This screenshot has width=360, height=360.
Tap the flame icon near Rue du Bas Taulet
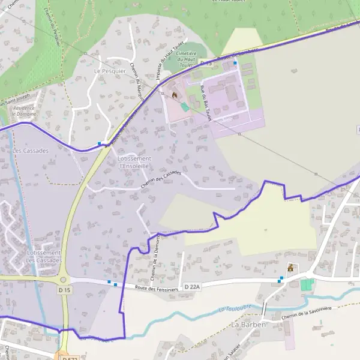click(x=175, y=95)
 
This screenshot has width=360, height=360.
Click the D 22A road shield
click(x=192, y=287)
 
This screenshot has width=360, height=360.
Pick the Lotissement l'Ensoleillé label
click(x=136, y=161)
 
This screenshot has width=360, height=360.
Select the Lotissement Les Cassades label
click(x=44, y=256)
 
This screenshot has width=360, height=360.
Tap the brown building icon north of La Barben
click(x=291, y=268)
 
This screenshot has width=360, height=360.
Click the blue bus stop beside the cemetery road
click(x=235, y=63)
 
